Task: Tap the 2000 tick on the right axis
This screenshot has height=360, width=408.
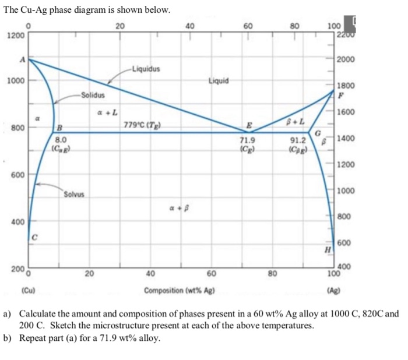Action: coord(345,60)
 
